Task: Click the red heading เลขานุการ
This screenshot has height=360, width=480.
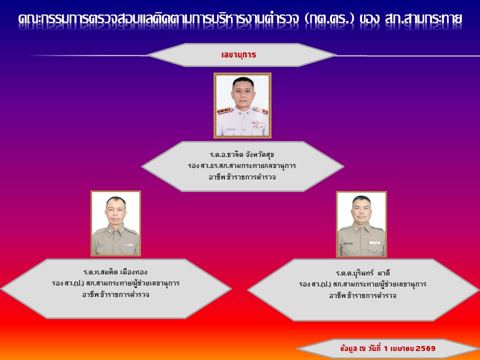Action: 238,55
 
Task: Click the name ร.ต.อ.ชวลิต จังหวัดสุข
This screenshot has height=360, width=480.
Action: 242,154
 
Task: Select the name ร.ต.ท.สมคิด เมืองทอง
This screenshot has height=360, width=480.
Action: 115,272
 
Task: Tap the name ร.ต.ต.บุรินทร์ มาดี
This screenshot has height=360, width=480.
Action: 363,273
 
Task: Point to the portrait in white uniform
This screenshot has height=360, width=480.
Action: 242,105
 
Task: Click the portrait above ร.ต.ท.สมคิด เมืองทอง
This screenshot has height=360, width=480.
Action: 115,223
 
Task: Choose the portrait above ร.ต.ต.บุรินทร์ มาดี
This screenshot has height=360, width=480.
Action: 361,224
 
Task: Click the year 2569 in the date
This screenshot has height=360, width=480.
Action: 425,348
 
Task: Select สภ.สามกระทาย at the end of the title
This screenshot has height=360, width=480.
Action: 423,18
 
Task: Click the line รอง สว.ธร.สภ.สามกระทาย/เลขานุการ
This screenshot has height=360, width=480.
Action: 242,166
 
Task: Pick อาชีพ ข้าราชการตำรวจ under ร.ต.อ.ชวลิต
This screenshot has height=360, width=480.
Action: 242,177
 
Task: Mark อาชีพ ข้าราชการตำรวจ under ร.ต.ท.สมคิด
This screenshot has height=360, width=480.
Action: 115,294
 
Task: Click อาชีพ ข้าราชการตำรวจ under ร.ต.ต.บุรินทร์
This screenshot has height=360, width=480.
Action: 363,295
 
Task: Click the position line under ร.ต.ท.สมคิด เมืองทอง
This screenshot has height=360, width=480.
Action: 115,283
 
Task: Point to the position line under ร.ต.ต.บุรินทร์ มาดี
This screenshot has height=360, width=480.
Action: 363,284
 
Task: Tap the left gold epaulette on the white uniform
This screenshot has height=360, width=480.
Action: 225,110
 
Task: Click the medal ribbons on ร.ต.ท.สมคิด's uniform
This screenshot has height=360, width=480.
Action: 127,244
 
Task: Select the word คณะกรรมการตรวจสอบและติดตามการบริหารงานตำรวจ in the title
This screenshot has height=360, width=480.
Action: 158,18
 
